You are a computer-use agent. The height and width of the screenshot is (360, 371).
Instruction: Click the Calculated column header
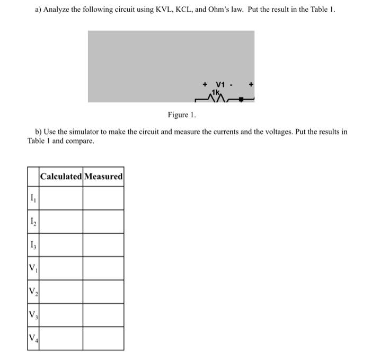click(x=61, y=176)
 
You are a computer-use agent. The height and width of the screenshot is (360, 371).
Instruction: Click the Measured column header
click(x=103, y=176)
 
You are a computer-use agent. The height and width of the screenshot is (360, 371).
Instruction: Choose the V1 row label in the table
click(x=33, y=268)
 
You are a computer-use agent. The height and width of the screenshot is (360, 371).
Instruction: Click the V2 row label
click(x=33, y=292)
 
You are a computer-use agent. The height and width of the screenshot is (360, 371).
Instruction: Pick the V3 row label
click(x=33, y=315)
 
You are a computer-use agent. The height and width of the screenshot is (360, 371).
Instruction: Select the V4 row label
click(x=33, y=338)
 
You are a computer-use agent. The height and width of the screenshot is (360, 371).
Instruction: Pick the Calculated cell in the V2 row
click(x=61, y=292)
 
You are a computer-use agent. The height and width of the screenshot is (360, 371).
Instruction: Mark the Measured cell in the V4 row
click(x=103, y=338)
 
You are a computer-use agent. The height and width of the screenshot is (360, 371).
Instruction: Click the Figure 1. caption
click(x=182, y=115)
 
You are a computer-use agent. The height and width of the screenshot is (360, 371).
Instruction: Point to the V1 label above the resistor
click(x=220, y=84)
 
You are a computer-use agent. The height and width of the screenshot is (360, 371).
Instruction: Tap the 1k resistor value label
click(x=216, y=92)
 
